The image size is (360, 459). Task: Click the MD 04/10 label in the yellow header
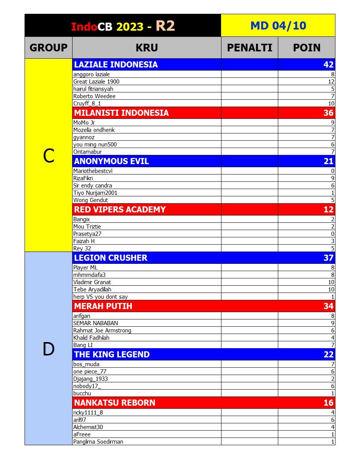[278, 26]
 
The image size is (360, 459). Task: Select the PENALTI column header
[249, 48]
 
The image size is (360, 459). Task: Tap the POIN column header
[307, 48]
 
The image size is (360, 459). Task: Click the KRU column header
[147, 48]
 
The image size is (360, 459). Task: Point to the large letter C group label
[48, 156]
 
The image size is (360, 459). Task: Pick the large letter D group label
[48, 349]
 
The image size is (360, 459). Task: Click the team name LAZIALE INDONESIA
[116, 64]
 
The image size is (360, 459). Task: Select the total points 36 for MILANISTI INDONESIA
[329, 113]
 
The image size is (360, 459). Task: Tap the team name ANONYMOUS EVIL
[111, 161]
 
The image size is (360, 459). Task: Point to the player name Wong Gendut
[91, 200]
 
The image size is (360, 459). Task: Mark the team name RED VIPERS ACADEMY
[120, 209]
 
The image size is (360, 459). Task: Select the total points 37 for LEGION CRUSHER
[329, 258]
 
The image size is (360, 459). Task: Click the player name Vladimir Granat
[92, 282]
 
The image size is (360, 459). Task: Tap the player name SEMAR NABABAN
[96, 323]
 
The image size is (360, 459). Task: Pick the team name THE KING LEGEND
[112, 354]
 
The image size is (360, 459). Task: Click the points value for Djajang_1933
[333, 379]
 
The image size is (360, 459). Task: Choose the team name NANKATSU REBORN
[115, 403]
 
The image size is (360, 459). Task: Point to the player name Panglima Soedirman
[98, 442]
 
